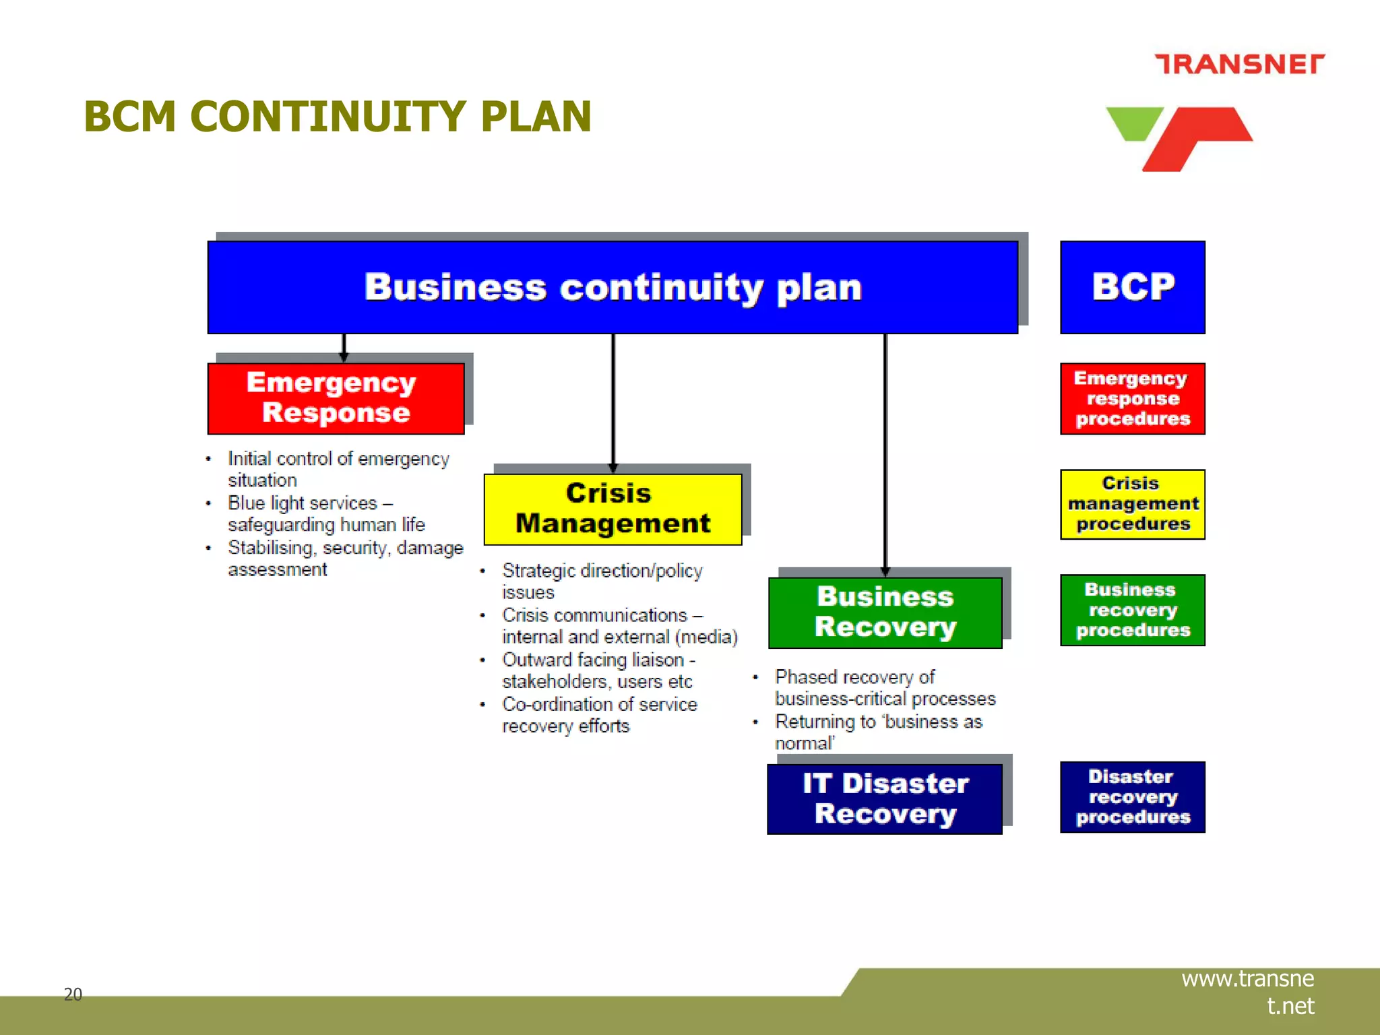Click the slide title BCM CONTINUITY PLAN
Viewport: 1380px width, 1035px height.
click(337, 117)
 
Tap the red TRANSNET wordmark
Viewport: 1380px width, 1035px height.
click(1239, 64)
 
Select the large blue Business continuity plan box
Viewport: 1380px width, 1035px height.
click(613, 288)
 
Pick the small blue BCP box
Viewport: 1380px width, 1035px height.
click(1133, 288)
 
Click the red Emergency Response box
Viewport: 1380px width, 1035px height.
click(336, 398)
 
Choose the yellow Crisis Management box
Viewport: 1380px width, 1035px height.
click(613, 509)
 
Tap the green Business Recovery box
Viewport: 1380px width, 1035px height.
click(885, 613)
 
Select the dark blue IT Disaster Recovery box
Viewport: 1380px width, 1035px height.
click(885, 799)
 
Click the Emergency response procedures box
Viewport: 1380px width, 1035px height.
click(1133, 399)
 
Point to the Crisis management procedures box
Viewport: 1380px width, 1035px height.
click(1133, 504)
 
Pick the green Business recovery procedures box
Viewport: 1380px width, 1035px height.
click(1133, 610)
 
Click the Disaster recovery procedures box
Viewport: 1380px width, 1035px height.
click(1133, 797)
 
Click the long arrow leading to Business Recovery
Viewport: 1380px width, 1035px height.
click(885, 451)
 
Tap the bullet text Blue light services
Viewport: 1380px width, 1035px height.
click(326, 513)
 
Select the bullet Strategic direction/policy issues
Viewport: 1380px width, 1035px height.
click(602, 581)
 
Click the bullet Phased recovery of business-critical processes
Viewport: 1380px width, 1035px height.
click(885, 687)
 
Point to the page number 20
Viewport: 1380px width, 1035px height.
click(73, 994)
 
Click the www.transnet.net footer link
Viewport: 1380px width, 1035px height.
click(1248, 992)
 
